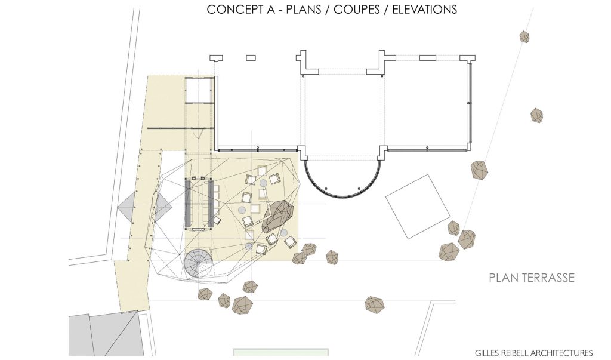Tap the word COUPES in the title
[x=357, y=10]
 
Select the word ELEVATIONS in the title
[x=424, y=10]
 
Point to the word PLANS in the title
[x=304, y=10]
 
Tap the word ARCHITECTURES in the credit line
[x=562, y=353]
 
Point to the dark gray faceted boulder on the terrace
[x=277, y=216]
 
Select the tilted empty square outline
[x=418, y=207]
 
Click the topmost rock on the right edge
[x=524, y=36]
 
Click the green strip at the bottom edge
[x=281, y=353]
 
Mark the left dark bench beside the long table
[x=188, y=203]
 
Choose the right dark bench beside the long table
[x=212, y=203]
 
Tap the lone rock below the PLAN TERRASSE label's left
[x=375, y=304]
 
